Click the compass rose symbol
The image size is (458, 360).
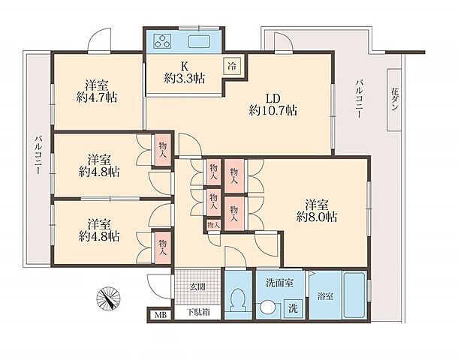pyautogui.click(x=108, y=298)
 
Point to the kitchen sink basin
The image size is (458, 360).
pyautogui.click(x=199, y=42)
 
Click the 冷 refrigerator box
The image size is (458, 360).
pyautogui.click(x=233, y=66)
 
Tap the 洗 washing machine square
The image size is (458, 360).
pyautogui.click(x=293, y=308)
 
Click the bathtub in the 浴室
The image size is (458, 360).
pyautogui.click(x=354, y=295)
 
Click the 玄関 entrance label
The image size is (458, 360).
pyautogui.click(x=197, y=287)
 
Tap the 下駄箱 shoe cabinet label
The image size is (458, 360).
pyautogui.click(x=198, y=313)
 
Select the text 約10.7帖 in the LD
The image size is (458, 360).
pyautogui.click(x=273, y=110)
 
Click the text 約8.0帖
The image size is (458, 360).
pyautogui.click(x=317, y=217)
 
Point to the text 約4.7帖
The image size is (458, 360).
pyautogui.click(x=97, y=97)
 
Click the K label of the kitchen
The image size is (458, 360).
pyautogui.click(x=184, y=66)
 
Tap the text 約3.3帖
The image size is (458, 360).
pyautogui.click(x=184, y=78)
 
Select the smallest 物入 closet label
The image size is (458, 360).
pyautogui.click(x=213, y=225)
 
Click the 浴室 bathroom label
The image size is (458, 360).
pyautogui.click(x=325, y=297)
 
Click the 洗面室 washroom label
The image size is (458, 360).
pyautogui.click(x=279, y=283)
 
